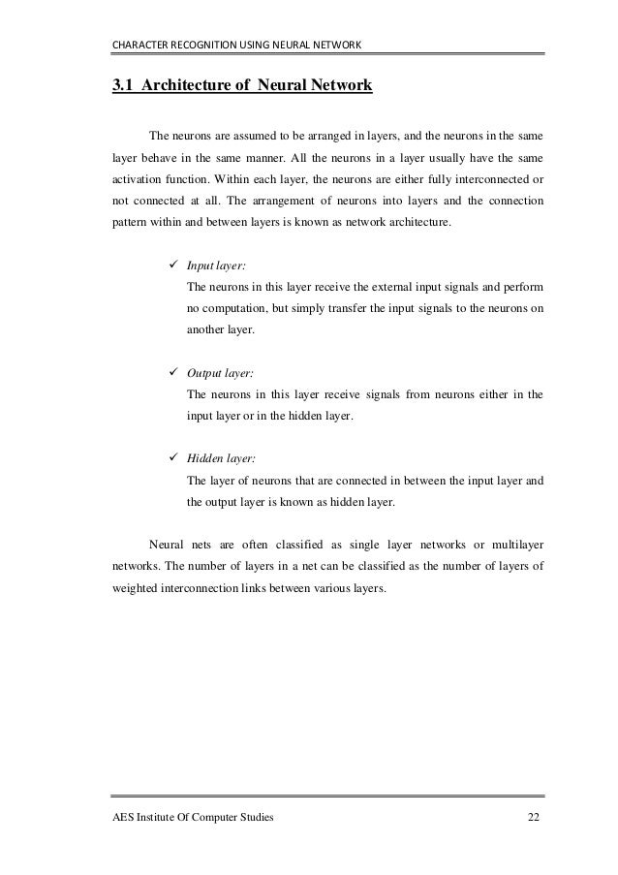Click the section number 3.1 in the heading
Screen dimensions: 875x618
[123, 86]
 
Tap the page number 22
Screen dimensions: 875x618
[534, 819]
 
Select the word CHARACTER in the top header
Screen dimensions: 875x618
[140, 43]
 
